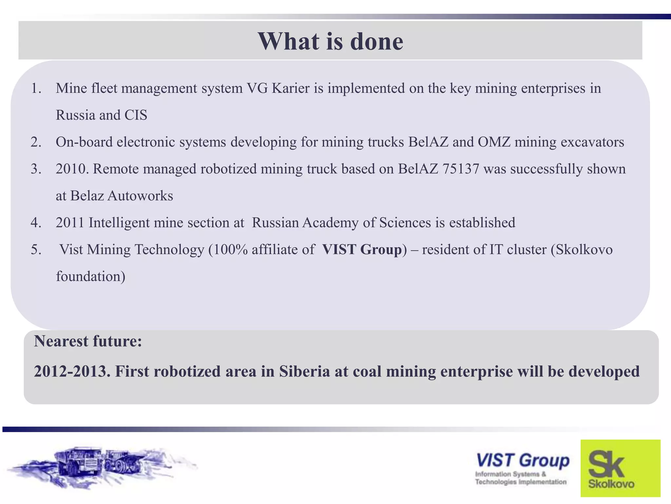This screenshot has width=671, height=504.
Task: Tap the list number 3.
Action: click(x=36, y=169)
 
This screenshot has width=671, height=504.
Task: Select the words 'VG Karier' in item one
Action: click(x=278, y=88)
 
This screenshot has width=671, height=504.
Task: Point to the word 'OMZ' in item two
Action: click(x=494, y=142)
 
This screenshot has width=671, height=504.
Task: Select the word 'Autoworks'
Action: click(x=140, y=196)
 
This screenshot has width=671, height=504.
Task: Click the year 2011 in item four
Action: click(x=70, y=223)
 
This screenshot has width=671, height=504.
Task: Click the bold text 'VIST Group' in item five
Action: click(x=362, y=250)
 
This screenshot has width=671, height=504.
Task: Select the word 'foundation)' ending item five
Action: click(x=91, y=277)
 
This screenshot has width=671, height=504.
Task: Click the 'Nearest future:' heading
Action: click(x=88, y=341)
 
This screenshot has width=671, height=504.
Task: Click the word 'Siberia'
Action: click(x=304, y=371)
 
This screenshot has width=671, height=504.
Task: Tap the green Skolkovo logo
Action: click(x=620, y=468)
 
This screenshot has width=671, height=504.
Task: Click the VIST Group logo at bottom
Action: click(x=522, y=467)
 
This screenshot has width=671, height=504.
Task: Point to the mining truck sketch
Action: click(x=98, y=466)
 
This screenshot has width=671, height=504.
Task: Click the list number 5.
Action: click(x=36, y=250)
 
